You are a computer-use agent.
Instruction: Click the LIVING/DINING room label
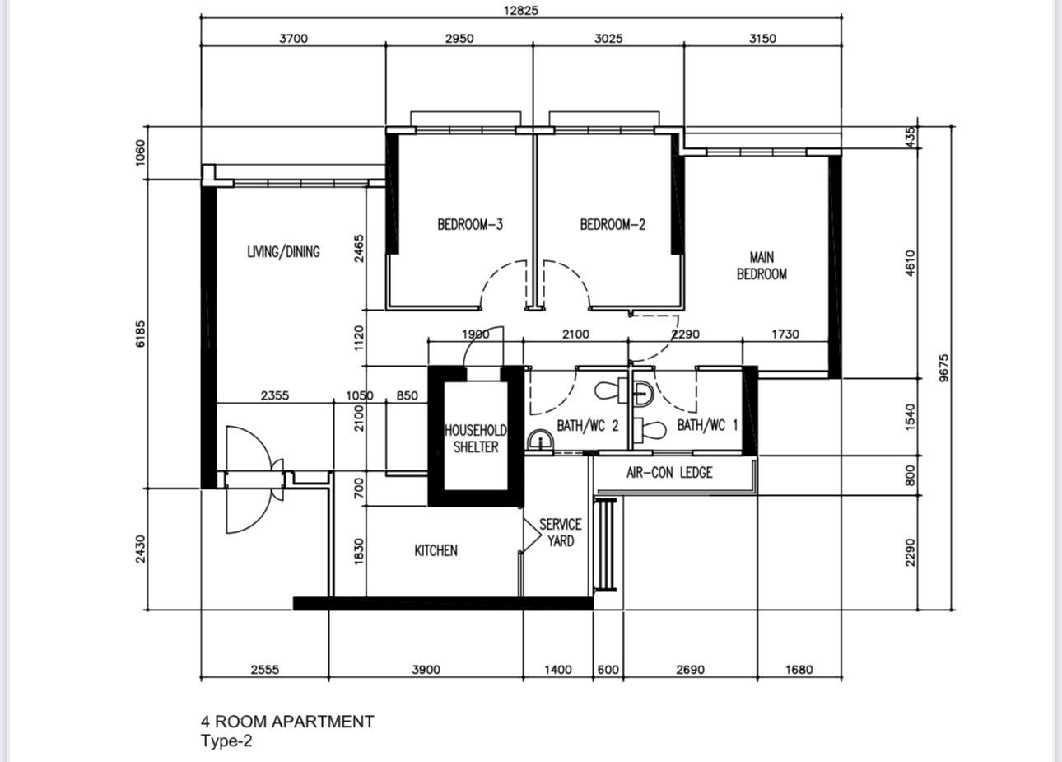[283, 252]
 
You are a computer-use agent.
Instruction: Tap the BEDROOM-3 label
[470, 224]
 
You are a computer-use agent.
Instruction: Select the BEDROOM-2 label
[613, 224]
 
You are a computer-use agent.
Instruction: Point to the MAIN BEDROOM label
[762, 266]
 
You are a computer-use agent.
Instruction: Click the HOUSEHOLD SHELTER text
[476, 439]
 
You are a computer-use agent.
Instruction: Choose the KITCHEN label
[436, 550]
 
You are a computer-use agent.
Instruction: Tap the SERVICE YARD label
[561, 533]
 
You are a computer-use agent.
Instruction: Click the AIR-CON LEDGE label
[669, 473]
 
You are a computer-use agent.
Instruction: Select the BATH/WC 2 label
[588, 426]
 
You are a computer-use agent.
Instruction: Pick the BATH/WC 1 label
[707, 426]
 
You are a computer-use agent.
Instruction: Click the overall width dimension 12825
[521, 11]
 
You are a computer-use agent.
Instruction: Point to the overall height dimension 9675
[944, 367]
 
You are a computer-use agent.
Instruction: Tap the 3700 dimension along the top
[293, 39]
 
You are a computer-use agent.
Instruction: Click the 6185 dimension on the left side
[141, 334]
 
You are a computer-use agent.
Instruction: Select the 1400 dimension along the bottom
[558, 670]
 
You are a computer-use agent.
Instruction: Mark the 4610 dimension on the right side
[910, 264]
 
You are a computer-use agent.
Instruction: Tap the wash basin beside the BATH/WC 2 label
[539, 440]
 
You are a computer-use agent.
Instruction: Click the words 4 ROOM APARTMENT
[287, 722]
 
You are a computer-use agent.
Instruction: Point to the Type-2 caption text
[226, 741]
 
